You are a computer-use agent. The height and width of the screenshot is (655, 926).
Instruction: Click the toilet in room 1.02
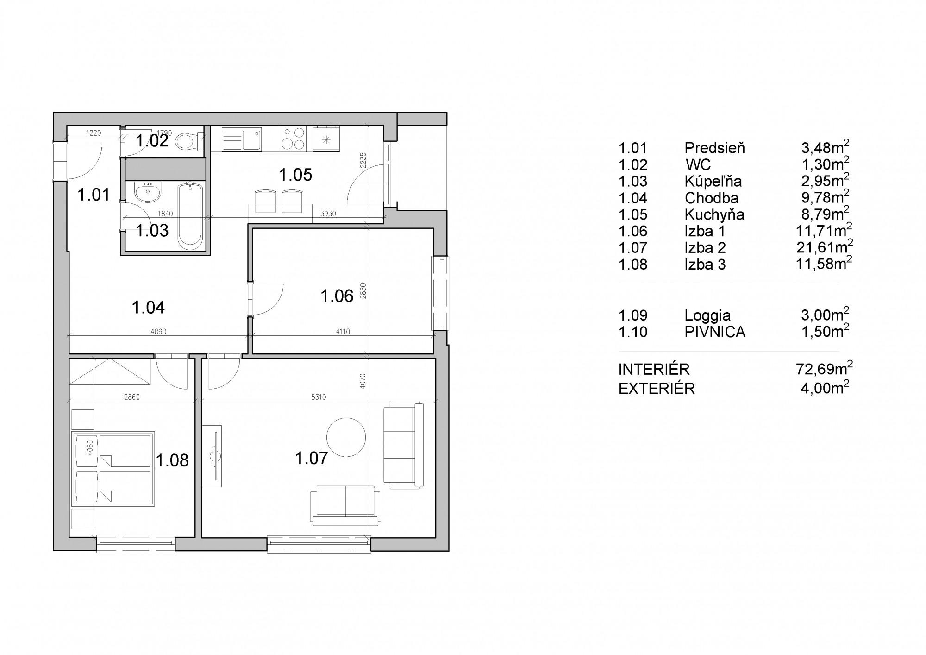(189, 140)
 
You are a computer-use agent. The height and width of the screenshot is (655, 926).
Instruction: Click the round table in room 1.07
(346, 437)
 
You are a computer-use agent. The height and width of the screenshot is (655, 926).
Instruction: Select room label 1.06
(337, 296)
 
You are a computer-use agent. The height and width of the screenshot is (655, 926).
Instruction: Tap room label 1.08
(172, 460)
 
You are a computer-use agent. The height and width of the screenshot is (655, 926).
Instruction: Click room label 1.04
(148, 307)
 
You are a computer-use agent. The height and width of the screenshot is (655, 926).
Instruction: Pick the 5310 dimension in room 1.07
(318, 397)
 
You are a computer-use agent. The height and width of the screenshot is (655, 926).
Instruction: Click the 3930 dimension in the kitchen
(328, 214)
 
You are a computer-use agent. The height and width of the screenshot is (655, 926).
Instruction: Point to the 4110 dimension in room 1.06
(343, 331)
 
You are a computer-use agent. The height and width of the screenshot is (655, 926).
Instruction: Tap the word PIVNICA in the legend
(715, 332)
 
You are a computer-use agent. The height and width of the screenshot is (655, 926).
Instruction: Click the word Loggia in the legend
(707, 316)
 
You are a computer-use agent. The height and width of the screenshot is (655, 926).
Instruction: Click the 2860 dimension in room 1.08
(132, 397)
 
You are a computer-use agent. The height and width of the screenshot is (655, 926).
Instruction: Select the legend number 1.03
(633, 182)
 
